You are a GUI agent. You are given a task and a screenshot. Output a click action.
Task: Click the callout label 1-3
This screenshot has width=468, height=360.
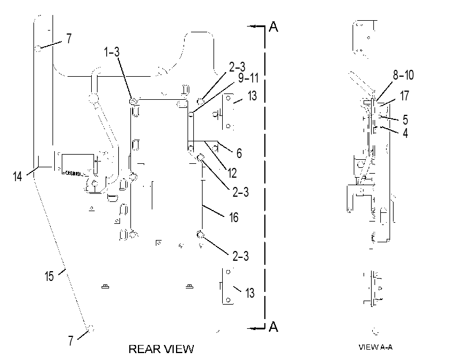[x=111, y=52]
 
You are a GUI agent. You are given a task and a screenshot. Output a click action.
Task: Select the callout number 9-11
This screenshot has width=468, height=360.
[x=248, y=78]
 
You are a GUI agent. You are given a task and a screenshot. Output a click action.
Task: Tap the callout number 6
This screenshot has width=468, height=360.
[x=239, y=153]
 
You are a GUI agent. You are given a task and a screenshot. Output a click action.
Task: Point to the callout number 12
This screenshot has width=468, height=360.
[x=232, y=173]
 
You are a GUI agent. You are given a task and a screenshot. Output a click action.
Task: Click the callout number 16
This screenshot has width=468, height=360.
[x=234, y=217]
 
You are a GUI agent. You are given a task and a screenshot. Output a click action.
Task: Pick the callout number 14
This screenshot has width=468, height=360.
[x=18, y=176]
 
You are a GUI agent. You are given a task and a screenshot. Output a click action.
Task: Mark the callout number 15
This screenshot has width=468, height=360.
[x=49, y=276]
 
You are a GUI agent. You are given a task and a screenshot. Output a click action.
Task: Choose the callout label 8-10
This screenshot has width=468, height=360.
[x=403, y=75]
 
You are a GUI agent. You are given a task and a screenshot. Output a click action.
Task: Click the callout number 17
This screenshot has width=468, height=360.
[x=405, y=96]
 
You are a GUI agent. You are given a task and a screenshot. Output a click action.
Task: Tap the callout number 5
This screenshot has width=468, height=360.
[x=405, y=119]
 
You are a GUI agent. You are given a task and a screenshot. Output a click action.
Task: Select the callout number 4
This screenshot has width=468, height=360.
[x=405, y=133]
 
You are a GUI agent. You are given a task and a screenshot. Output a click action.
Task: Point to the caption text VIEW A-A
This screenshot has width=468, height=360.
[x=376, y=347]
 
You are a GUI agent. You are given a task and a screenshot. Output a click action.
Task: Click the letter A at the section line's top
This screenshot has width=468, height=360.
[x=274, y=27]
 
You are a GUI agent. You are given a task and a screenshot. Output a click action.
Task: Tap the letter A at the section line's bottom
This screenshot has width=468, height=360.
[x=274, y=327]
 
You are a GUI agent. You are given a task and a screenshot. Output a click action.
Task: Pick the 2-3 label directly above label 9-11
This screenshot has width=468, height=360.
[x=237, y=67]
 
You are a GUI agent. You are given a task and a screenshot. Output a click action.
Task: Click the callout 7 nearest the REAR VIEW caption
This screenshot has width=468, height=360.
[x=70, y=340]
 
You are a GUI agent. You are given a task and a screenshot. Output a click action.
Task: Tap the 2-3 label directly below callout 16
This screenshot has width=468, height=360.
[x=241, y=256]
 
